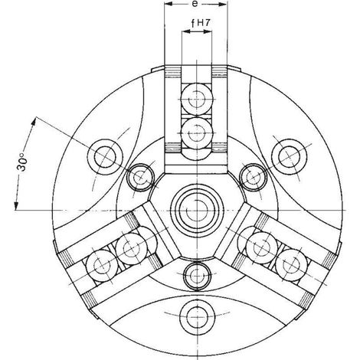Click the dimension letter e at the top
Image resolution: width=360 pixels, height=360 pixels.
(195, 4)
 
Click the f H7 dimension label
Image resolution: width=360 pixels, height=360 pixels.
(201, 23)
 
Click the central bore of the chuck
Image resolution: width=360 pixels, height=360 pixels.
(197, 211)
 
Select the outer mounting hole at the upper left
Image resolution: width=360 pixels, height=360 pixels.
(105, 157)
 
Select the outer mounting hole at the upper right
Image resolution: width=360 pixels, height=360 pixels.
(289, 157)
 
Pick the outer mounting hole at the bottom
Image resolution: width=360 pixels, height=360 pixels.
(197, 316)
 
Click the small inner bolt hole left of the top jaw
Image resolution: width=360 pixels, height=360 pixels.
(140, 177)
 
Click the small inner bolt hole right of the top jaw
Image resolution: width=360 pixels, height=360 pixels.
(253, 177)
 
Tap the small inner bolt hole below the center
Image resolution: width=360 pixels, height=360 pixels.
(197, 275)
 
